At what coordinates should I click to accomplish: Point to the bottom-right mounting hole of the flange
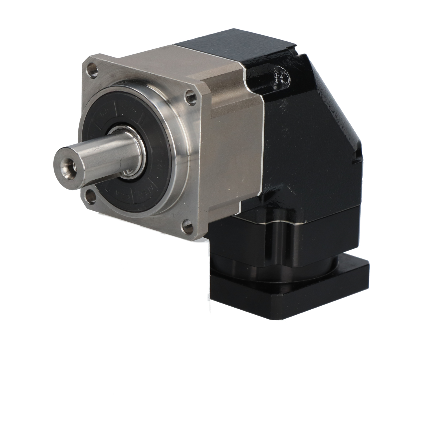(x=187, y=226)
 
